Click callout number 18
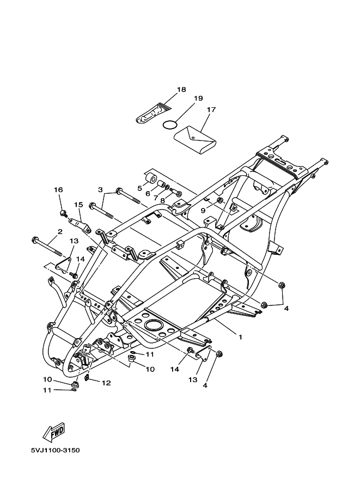(x=181, y=90)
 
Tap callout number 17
(x=211, y=109)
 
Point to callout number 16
(x=58, y=189)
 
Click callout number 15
(x=78, y=205)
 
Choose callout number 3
(x=100, y=189)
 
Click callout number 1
(x=240, y=336)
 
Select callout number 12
(x=106, y=383)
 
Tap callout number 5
(x=140, y=188)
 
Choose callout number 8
(x=162, y=201)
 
